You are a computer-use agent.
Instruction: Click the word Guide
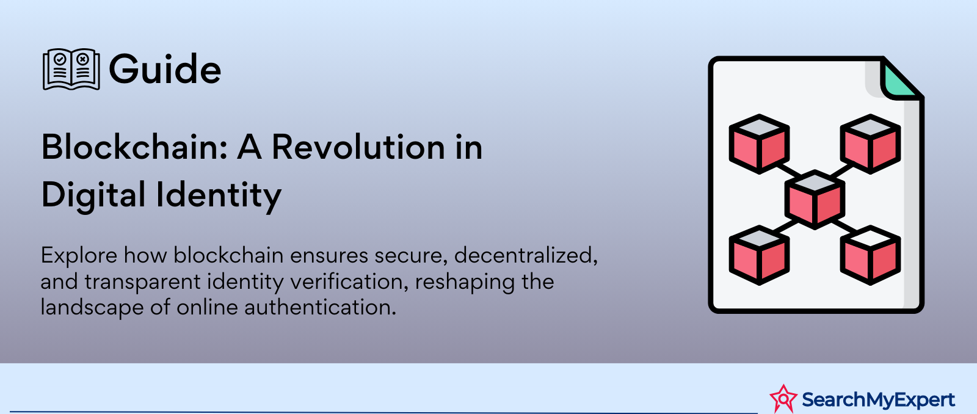point(165,69)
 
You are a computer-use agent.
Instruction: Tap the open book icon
point(71,69)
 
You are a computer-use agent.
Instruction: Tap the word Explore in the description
point(79,255)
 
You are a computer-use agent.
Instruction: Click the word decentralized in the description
point(526,255)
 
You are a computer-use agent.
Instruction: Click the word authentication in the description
point(320,307)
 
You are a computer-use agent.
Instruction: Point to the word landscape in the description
point(92,308)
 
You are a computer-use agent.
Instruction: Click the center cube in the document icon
point(815,200)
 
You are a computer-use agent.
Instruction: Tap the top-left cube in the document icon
point(759,144)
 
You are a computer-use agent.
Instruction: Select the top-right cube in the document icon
point(871,144)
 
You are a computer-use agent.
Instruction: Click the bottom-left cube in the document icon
point(759,255)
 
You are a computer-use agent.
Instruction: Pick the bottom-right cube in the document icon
point(871,255)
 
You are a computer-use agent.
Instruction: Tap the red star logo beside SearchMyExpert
point(783,398)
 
